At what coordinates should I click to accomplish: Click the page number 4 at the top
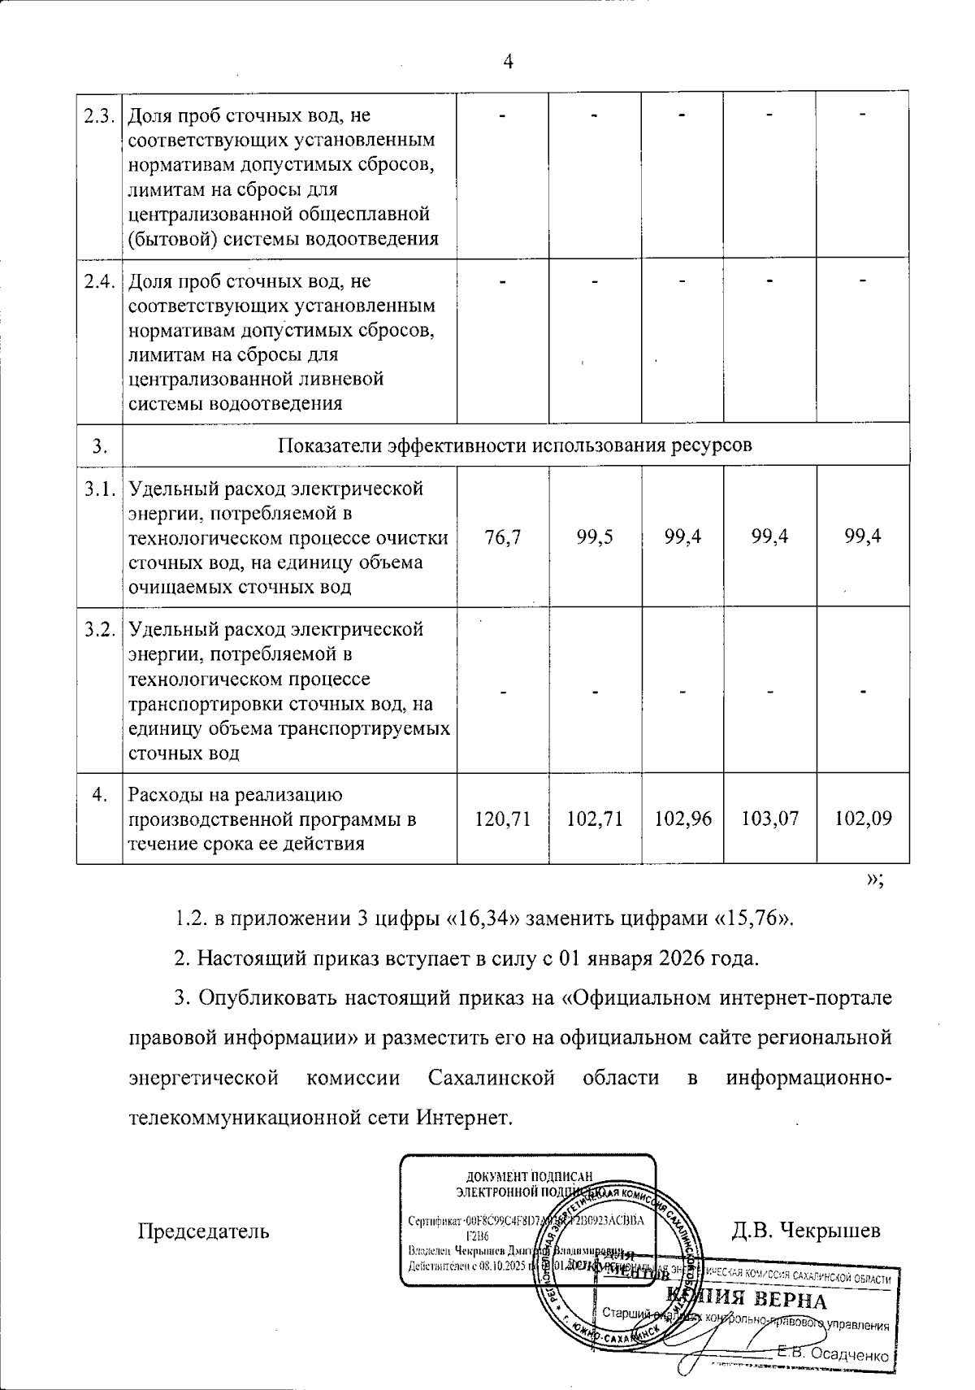coord(509,63)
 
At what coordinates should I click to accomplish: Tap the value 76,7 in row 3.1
coord(502,536)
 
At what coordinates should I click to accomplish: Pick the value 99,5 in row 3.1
coord(595,536)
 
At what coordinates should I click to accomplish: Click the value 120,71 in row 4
coord(502,819)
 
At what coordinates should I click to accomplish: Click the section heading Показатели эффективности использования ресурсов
coord(515,445)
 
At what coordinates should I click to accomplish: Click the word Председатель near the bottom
coord(203,1231)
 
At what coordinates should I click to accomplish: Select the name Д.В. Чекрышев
coord(805,1231)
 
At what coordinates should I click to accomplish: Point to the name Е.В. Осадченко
coord(832,1353)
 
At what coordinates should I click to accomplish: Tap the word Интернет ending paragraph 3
coord(466,1117)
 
